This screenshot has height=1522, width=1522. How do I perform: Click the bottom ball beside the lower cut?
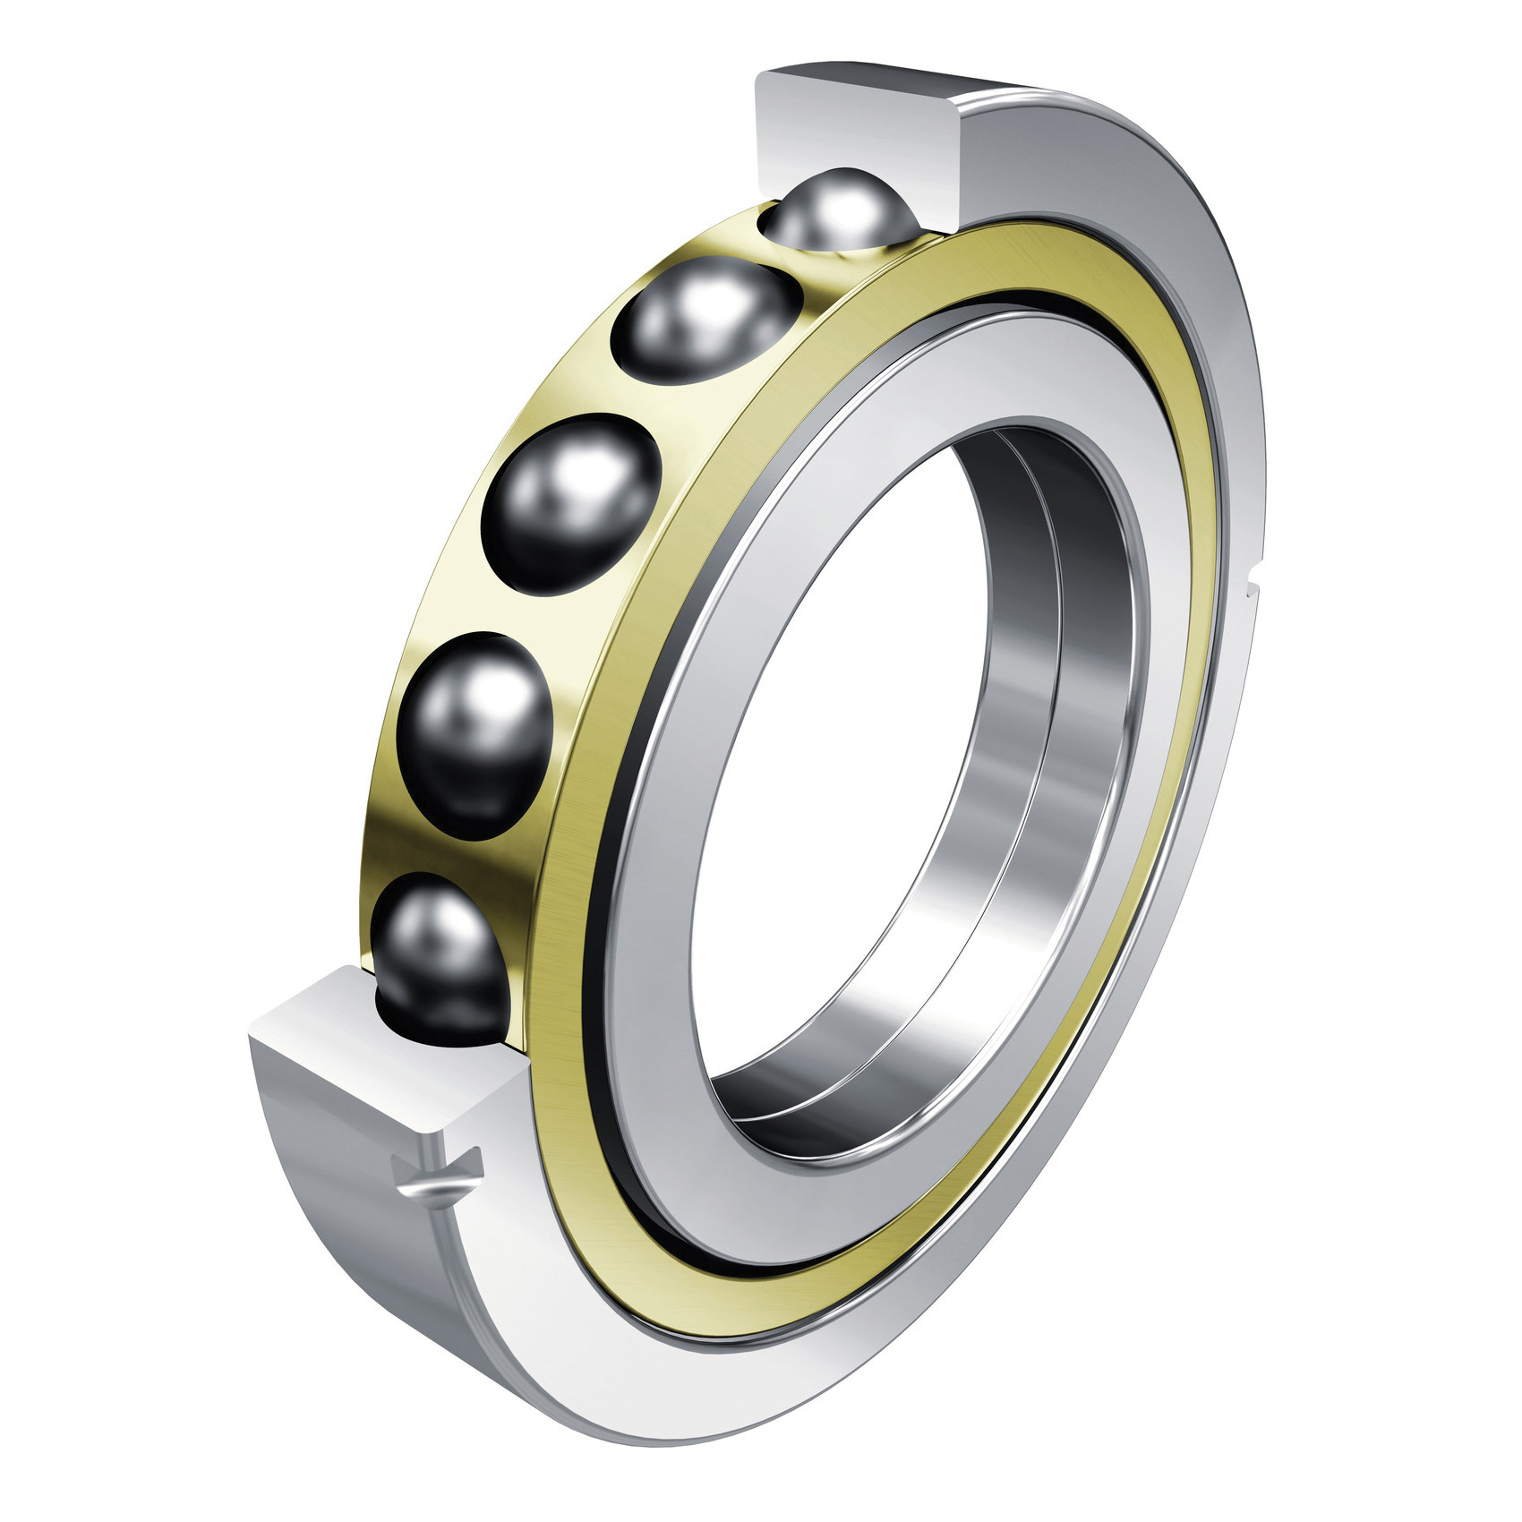click(x=439, y=958)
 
